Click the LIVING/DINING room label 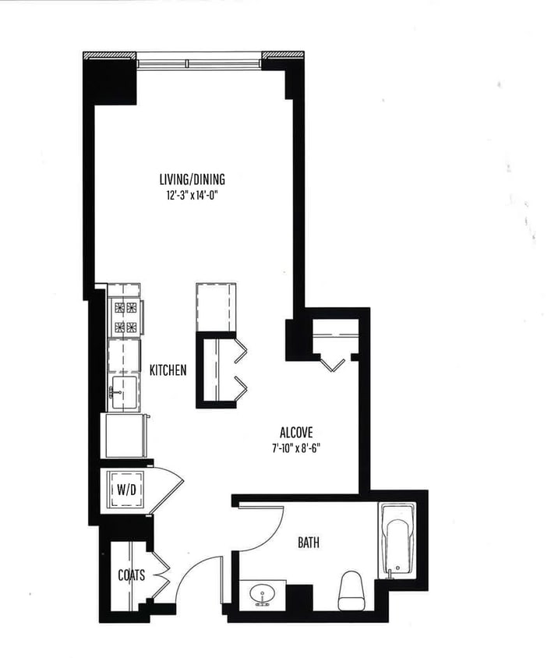tap(192, 178)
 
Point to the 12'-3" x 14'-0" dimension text tap(192, 196)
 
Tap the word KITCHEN tap(168, 370)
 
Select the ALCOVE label tap(297, 432)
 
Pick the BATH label tap(308, 543)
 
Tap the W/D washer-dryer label tap(125, 490)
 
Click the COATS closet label tap(131, 575)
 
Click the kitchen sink tap(123, 392)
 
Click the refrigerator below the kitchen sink tap(125, 435)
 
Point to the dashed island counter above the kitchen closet tap(216, 307)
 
